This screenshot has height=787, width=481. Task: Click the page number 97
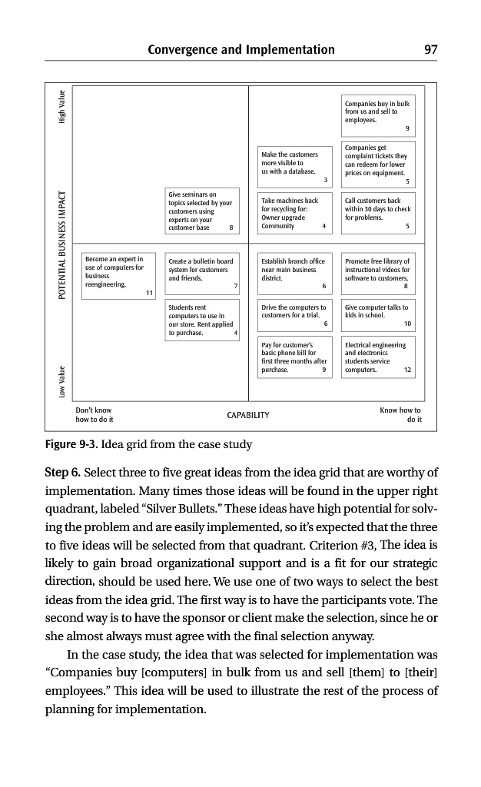coord(430,50)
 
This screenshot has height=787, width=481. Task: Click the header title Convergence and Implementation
coord(241,50)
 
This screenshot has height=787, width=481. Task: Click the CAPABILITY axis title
coord(248,416)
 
